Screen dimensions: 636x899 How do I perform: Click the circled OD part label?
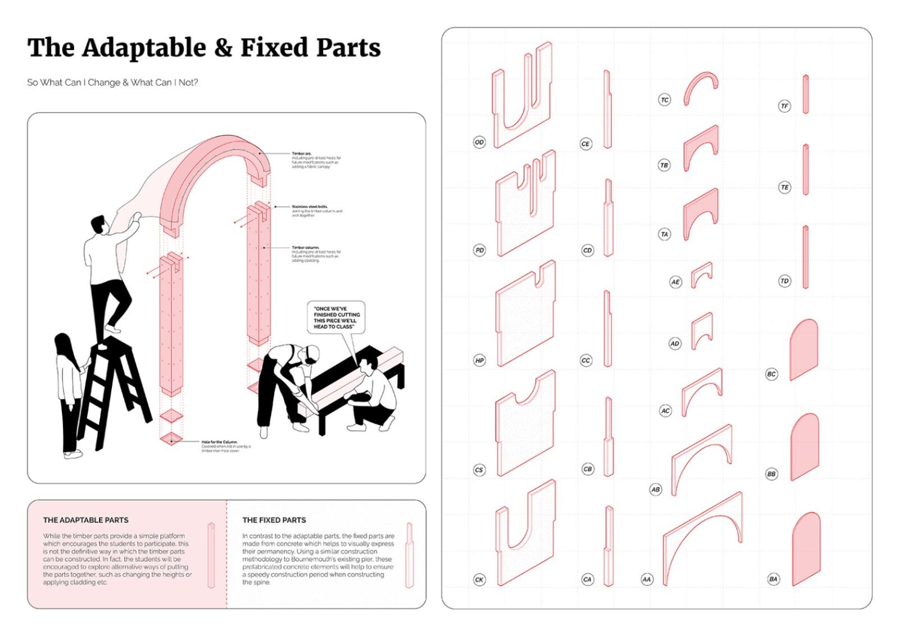pyautogui.click(x=479, y=142)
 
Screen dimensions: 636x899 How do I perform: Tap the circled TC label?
pyautogui.click(x=665, y=100)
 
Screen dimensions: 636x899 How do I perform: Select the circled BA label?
pyautogui.click(x=774, y=579)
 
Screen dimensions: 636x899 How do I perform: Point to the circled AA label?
pyautogui.click(x=647, y=579)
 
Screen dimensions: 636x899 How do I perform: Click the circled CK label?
pyautogui.click(x=479, y=579)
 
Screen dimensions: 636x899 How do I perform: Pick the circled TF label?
pyautogui.click(x=784, y=106)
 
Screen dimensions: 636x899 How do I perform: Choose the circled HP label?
pyautogui.click(x=479, y=360)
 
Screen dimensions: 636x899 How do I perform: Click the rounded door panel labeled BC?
pyautogui.click(x=803, y=349)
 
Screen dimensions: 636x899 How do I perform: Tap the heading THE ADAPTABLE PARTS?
pyautogui.click(x=85, y=520)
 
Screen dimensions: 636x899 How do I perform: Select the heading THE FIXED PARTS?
pyautogui.click(x=274, y=520)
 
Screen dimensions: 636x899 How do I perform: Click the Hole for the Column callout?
pyautogui.click(x=225, y=446)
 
